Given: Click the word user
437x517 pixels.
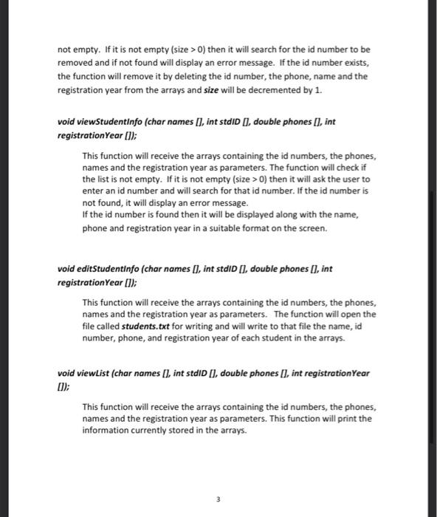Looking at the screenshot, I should pos(352,179).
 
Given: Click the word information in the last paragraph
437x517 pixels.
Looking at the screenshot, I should pos(106,431).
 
